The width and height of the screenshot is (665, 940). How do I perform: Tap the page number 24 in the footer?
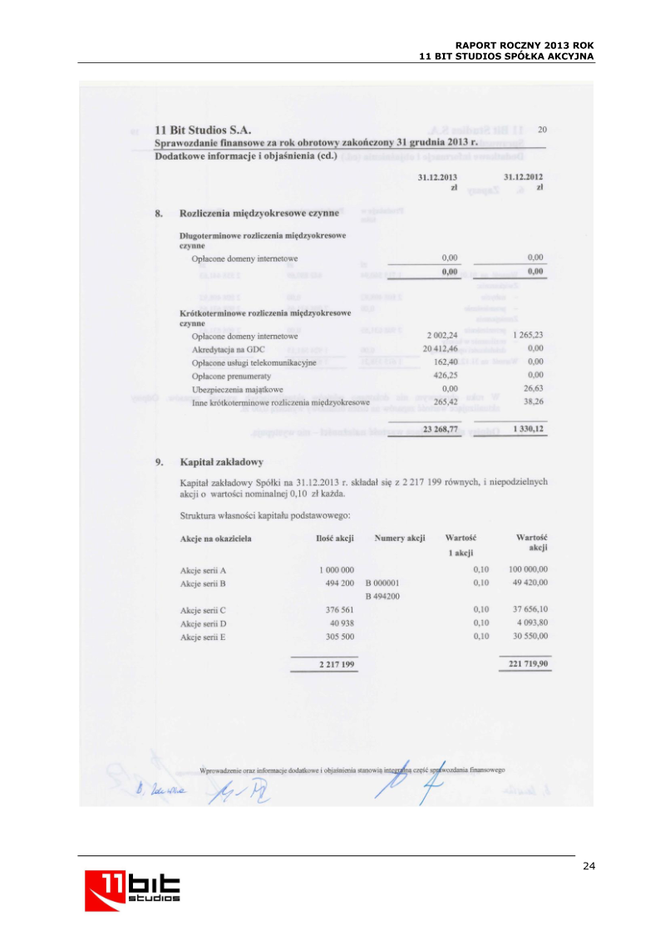tap(589, 866)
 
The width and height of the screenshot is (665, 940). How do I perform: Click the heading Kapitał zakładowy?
tap(222, 461)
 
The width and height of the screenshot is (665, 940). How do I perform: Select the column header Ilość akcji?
tap(335, 539)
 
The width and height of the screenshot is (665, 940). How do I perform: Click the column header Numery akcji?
tap(400, 539)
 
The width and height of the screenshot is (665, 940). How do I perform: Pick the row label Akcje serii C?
tap(204, 610)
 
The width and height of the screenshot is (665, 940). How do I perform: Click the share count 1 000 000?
tap(337, 569)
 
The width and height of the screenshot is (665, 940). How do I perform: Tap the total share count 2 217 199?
tap(337, 665)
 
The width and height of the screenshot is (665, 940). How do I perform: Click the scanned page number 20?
tap(542, 129)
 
